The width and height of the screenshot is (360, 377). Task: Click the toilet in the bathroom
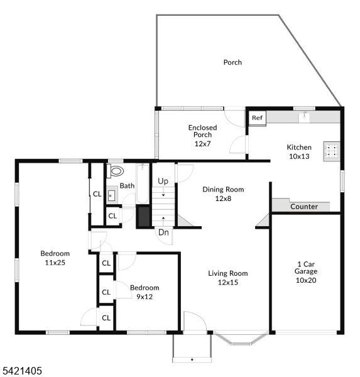click(116, 171)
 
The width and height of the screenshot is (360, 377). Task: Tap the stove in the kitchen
click(331, 151)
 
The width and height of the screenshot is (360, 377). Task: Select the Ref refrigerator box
click(257, 117)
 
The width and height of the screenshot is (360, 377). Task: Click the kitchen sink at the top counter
click(305, 116)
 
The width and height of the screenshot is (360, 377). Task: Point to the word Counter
click(303, 207)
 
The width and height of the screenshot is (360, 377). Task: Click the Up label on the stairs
click(163, 181)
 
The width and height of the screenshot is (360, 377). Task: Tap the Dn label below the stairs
click(163, 232)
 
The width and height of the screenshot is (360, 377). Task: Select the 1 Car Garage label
click(305, 271)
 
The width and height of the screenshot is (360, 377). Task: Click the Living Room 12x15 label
click(228, 278)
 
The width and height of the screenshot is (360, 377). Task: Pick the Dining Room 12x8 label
click(223, 194)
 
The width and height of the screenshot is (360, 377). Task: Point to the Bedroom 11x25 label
click(55, 258)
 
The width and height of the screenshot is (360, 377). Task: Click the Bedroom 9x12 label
click(145, 292)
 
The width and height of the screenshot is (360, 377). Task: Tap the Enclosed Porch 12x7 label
click(202, 135)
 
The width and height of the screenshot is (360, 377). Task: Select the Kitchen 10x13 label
click(298, 151)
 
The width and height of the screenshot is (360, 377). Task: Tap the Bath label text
click(127, 186)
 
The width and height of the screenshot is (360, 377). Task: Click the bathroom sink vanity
click(111, 195)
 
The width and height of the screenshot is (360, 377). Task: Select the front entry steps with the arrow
click(192, 349)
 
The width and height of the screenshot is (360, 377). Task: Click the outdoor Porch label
click(232, 62)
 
